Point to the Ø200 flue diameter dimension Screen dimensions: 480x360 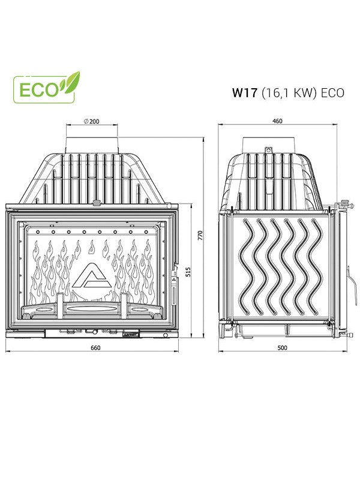pos(92,121)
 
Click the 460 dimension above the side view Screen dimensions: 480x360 pos(277,121)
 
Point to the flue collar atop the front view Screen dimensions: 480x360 pos(92,143)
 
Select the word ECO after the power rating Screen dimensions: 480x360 pos(332,93)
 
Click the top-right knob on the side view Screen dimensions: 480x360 pos(343,202)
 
